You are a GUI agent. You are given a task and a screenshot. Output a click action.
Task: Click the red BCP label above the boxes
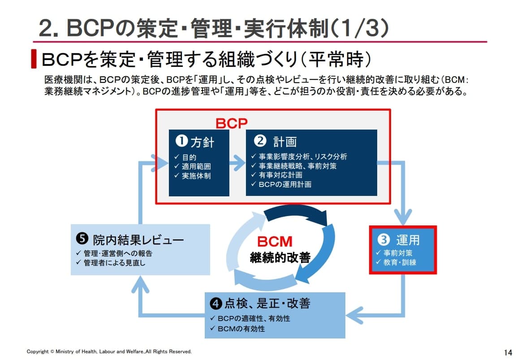click(232, 123)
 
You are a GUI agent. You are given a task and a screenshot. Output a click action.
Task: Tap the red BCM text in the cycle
click(275, 242)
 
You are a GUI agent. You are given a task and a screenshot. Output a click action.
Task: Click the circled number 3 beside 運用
click(384, 240)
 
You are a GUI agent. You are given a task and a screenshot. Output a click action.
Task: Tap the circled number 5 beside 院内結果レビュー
click(82, 239)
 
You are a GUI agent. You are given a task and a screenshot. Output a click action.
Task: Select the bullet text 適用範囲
click(196, 167)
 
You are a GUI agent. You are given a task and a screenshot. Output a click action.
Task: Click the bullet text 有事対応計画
click(280, 175)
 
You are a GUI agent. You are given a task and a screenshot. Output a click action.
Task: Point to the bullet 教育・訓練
click(400, 262)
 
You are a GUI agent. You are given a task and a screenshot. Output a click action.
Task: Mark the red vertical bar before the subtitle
click(34, 59)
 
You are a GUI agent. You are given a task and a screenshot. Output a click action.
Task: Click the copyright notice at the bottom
click(109, 351)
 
